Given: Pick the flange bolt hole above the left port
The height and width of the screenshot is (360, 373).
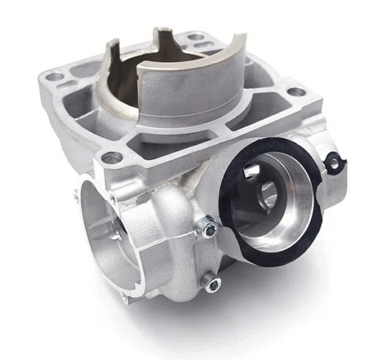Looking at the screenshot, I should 111,158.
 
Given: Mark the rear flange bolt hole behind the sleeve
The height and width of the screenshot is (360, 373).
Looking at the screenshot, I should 195,35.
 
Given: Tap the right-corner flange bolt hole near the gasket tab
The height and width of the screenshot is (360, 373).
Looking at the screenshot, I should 296,92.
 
